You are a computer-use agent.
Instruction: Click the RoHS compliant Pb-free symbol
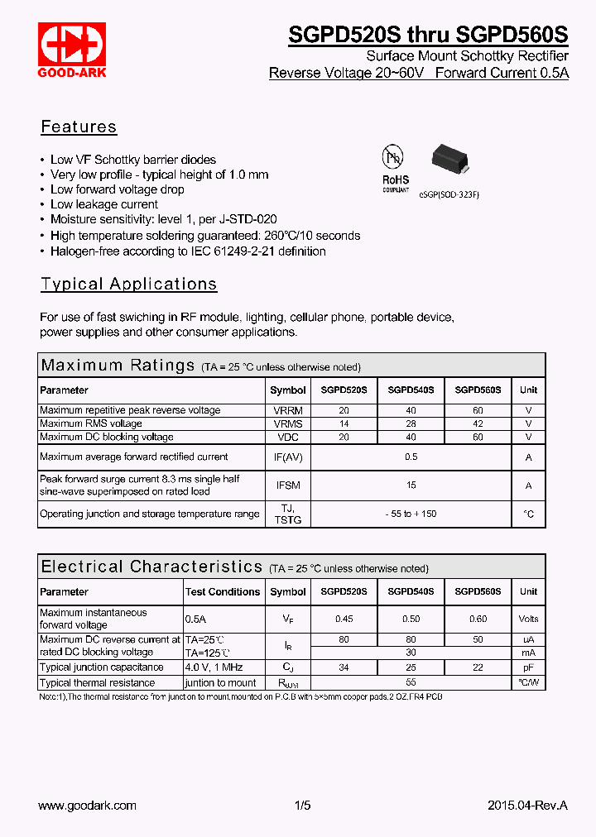[395, 169]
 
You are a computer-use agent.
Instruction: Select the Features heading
[79, 127]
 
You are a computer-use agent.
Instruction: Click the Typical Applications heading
[129, 285]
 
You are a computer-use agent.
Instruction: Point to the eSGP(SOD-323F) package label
[449, 194]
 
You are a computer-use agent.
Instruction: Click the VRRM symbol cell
[287, 410]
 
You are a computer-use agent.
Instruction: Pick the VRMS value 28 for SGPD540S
[411, 423]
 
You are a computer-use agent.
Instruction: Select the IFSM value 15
[411, 485]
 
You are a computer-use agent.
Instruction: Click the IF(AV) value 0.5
[411, 457]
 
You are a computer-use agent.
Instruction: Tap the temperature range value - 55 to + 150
[411, 514]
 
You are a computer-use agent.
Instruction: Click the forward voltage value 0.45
[344, 619]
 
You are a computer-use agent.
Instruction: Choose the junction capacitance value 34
[344, 667]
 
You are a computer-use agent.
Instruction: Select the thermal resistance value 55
[411, 682]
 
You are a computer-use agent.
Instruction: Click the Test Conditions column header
[222, 592]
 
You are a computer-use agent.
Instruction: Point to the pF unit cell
[528, 667]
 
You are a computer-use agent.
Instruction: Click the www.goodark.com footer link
[88, 806]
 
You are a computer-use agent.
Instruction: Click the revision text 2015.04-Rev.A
[527, 806]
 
